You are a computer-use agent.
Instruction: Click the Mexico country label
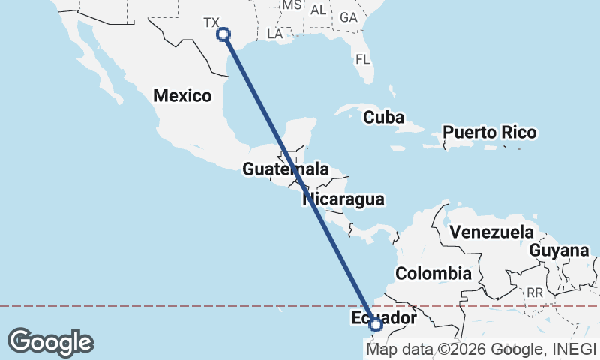182,95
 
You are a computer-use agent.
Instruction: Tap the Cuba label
383,118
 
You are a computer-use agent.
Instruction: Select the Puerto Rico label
489,133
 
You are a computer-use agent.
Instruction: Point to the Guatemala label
285,169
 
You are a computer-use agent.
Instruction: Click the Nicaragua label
343,199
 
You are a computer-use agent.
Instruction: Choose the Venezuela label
491,232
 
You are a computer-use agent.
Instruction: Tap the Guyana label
559,250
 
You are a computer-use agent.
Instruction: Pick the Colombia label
433,273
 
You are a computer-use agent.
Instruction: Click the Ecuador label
382,319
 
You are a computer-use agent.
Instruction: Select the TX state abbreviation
212,22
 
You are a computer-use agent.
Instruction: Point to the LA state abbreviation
274,34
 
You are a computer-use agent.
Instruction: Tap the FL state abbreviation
363,58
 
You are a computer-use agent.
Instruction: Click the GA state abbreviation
348,16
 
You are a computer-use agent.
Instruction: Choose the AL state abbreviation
319,10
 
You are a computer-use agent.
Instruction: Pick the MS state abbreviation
291,5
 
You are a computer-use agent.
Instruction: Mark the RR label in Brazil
535,292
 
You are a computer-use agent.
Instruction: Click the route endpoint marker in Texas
223,34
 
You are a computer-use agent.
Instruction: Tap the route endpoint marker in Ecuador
376,325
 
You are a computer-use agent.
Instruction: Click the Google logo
50,341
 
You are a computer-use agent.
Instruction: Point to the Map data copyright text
480,349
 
